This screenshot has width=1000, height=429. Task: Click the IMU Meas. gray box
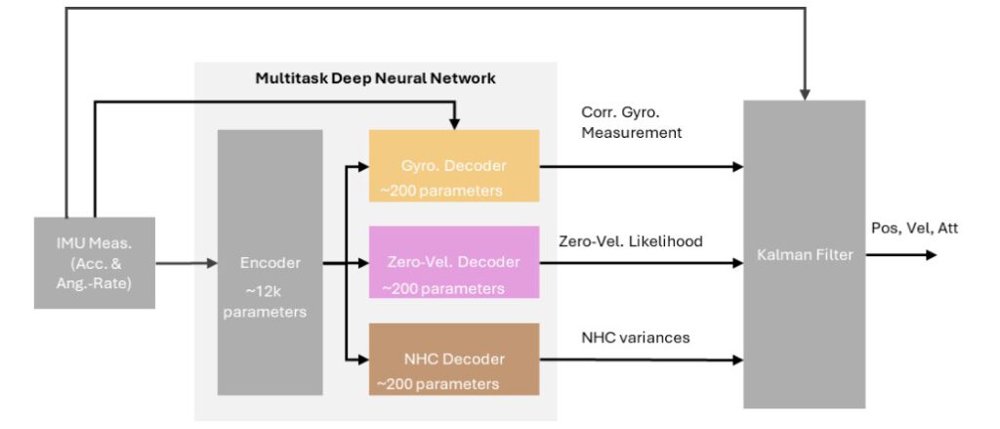click(x=94, y=262)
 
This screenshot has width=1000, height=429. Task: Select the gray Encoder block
click(x=270, y=263)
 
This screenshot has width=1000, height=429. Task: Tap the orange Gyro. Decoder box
click(x=453, y=165)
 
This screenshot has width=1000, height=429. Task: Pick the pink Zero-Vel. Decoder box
click(x=453, y=262)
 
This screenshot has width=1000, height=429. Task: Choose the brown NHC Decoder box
click(x=453, y=359)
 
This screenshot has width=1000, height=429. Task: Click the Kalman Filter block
click(x=804, y=254)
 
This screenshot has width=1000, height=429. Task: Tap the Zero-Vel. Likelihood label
click(x=631, y=240)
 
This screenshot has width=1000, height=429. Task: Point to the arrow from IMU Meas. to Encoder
click(x=186, y=263)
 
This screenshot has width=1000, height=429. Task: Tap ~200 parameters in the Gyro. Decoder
click(x=440, y=191)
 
